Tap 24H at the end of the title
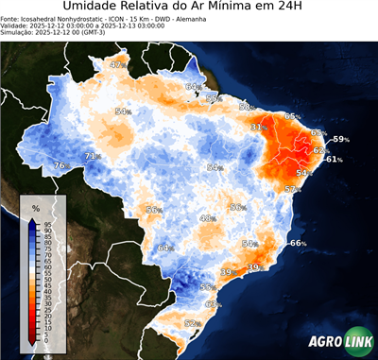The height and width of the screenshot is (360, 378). pos(301,9)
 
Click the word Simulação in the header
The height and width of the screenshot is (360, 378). pos(19,32)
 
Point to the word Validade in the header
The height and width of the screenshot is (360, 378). pos(17,26)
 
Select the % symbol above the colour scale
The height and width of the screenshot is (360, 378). pos(35,207)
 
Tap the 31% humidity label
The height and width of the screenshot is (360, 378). pos(256,127)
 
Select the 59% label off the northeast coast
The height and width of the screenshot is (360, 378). pos(340,140)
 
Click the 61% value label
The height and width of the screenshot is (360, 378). pos(334,160)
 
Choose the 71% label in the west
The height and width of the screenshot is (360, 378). pos(92,156)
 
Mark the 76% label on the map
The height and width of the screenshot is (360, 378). pos(60,166)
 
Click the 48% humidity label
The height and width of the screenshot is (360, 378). pos(207,218)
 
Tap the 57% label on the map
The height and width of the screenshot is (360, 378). pos(293,189)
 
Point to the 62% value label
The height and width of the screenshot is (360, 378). pos(320,150)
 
